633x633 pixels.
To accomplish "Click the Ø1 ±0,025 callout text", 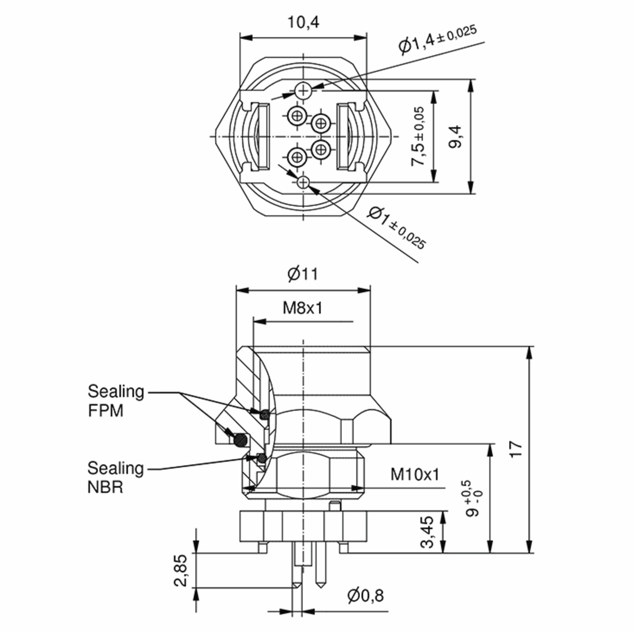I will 396,227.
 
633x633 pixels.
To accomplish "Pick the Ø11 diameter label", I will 303,274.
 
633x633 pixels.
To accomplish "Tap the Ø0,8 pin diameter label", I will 365,596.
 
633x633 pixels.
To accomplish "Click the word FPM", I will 105,411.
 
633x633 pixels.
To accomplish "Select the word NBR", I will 105,487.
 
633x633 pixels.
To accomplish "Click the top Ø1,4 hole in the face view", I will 303,90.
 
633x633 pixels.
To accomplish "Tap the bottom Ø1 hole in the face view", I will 303,182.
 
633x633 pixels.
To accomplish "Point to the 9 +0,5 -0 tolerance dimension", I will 474,498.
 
